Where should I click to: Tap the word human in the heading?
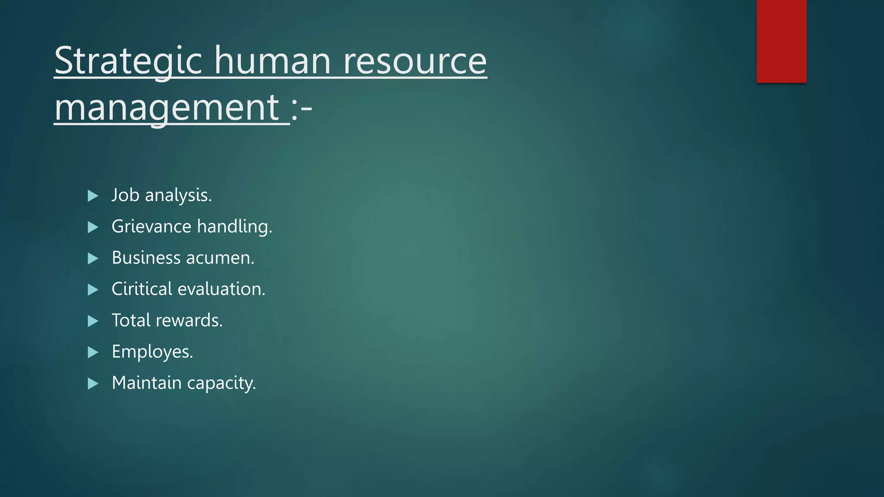(x=272, y=61)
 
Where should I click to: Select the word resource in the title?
(x=415, y=61)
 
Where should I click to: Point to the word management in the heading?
(x=168, y=107)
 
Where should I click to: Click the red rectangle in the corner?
(x=781, y=41)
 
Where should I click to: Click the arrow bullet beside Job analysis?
(x=93, y=196)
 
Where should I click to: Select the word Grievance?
(x=151, y=226)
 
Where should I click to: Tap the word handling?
(x=234, y=226)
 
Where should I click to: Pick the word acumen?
(x=220, y=258)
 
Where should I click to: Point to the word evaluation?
(x=221, y=289)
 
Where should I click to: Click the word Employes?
(x=152, y=352)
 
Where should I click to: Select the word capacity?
(x=221, y=383)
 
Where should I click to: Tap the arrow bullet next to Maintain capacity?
(x=93, y=384)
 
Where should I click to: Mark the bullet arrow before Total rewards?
(x=93, y=321)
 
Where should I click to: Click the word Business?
(x=146, y=258)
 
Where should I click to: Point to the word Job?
(x=125, y=195)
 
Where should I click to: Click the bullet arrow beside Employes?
(x=93, y=352)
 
